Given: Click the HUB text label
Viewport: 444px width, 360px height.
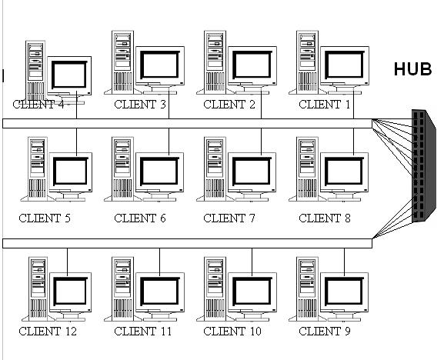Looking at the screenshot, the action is click(413, 69).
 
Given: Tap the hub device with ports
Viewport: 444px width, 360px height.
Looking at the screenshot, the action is click(424, 165).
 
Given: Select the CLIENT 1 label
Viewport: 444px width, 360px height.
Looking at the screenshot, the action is click(325, 105).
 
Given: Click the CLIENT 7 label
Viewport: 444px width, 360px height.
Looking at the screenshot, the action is click(229, 218).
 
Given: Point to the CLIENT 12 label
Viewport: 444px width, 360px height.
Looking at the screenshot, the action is click(48, 331).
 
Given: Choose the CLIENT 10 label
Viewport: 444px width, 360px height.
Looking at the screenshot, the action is click(232, 331).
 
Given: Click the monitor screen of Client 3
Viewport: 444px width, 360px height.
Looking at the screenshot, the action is click(160, 65).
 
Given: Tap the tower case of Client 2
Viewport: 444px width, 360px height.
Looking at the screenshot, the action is click(215, 62).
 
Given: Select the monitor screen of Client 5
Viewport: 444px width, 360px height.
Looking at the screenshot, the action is click(71, 171).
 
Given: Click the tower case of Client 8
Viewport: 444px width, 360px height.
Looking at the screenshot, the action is click(307, 169).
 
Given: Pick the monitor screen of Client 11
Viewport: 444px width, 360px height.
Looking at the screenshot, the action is click(160, 291).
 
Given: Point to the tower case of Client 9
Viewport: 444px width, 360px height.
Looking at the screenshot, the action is click(307, 289).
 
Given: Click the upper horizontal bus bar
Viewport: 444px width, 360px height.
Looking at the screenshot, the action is click(187, 123).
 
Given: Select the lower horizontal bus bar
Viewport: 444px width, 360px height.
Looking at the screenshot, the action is click(187, 243).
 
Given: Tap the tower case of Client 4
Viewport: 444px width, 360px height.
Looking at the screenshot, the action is click(35, 71).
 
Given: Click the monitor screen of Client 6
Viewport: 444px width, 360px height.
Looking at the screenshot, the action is click(160, 171).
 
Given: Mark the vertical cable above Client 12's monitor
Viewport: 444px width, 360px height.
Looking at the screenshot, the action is click(68, 262).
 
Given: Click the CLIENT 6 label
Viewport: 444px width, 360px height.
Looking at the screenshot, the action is click(140, 218).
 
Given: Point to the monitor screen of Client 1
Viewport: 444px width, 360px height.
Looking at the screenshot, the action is click(345, 65).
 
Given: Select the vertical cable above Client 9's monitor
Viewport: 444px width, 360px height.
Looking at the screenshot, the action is click(344, 262).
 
